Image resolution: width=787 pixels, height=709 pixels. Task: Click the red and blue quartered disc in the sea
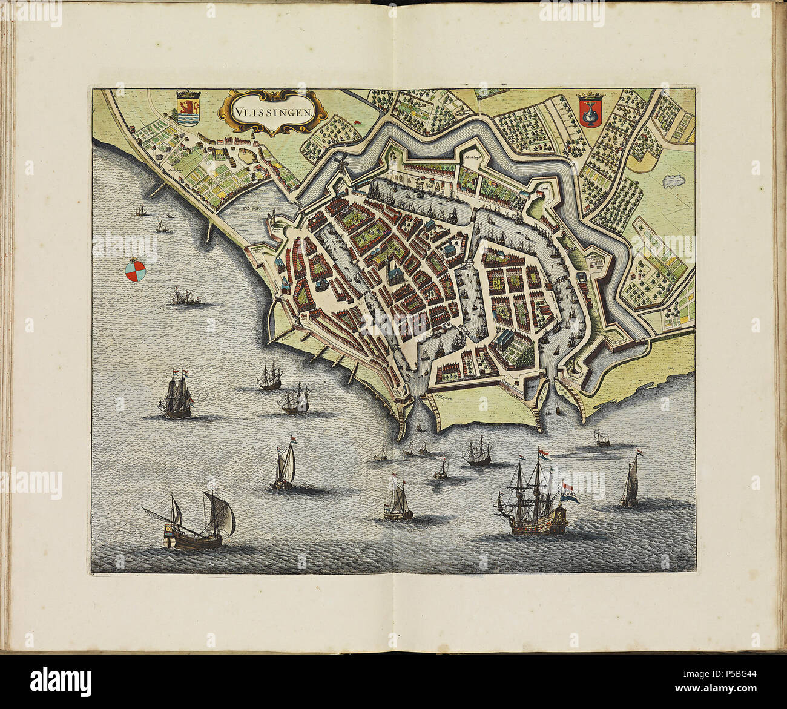pyautogui.click(x=135, y=271)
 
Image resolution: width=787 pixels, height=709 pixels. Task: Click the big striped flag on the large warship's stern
pyautogui.click(x=570, y=494)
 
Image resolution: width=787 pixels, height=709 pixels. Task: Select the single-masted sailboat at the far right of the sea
pyautogui.click(x=630, y=483)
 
